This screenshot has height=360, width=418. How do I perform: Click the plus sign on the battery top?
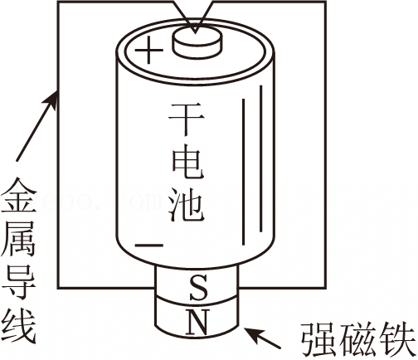(148, 51)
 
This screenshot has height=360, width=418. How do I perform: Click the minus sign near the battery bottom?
(148, 245)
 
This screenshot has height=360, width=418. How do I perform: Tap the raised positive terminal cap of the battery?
(197, 43)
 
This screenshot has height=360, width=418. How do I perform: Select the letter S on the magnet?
(198, 287)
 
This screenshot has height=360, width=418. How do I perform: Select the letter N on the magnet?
(197, 323)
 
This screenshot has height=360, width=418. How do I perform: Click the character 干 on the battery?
(187, 119)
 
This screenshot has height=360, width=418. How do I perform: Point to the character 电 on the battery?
(187, 163)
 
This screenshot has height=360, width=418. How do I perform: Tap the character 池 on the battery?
(187, 205)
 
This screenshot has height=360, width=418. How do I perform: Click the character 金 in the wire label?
(19, 195)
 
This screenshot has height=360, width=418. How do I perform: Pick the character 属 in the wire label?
(19, 239)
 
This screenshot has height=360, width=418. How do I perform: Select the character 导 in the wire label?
(19, 283)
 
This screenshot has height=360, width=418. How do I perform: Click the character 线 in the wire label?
(19, 326)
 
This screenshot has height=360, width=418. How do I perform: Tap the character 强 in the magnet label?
(318, 339)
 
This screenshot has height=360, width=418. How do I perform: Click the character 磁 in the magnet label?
(359, 339)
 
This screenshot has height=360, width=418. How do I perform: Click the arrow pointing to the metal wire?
(37, 125)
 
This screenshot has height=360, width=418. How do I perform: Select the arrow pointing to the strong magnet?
(262, 338)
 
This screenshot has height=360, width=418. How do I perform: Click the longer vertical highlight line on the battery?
(260, 158)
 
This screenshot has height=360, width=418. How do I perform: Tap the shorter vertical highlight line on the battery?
(243, 172)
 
